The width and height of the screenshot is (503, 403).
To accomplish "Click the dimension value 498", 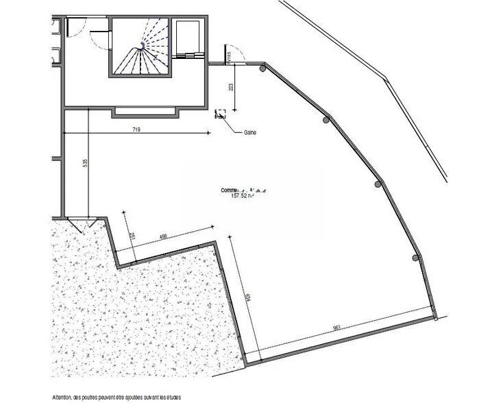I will coord(163,238).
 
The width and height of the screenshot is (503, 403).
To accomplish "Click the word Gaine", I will coord(249,132).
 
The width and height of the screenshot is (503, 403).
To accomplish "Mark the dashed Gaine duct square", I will coord(221,114).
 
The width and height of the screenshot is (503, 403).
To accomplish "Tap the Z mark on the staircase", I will coord(157,59).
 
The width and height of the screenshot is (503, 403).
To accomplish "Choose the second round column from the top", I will coord(325,120).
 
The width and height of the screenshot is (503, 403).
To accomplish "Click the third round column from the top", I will coord(378,184).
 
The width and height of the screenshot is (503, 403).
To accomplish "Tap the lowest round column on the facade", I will coord(415,258).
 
